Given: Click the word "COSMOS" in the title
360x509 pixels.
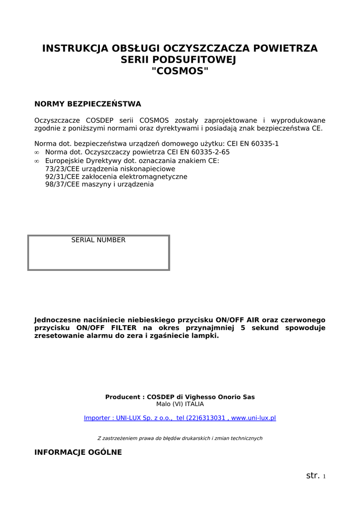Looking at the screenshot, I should tap(180, 71).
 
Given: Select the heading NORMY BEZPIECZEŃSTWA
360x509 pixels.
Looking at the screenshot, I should tap(88, 104).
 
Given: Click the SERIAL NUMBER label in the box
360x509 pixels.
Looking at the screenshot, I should tap(98, 240).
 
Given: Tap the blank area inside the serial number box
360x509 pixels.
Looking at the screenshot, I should tap(98, 257).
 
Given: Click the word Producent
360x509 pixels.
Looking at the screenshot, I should tap(123, 397).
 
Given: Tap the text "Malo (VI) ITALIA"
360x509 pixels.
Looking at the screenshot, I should tap(180, 404).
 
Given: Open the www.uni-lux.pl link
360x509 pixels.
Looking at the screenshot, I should tap(254, 418).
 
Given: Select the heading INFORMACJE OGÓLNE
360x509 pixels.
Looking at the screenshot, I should tap(78, 452).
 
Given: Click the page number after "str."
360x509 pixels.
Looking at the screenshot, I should tap(324, 477).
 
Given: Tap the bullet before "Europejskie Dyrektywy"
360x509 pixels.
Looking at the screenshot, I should tap(37, 161).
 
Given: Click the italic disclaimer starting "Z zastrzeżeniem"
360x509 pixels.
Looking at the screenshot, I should tap(180, 438).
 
